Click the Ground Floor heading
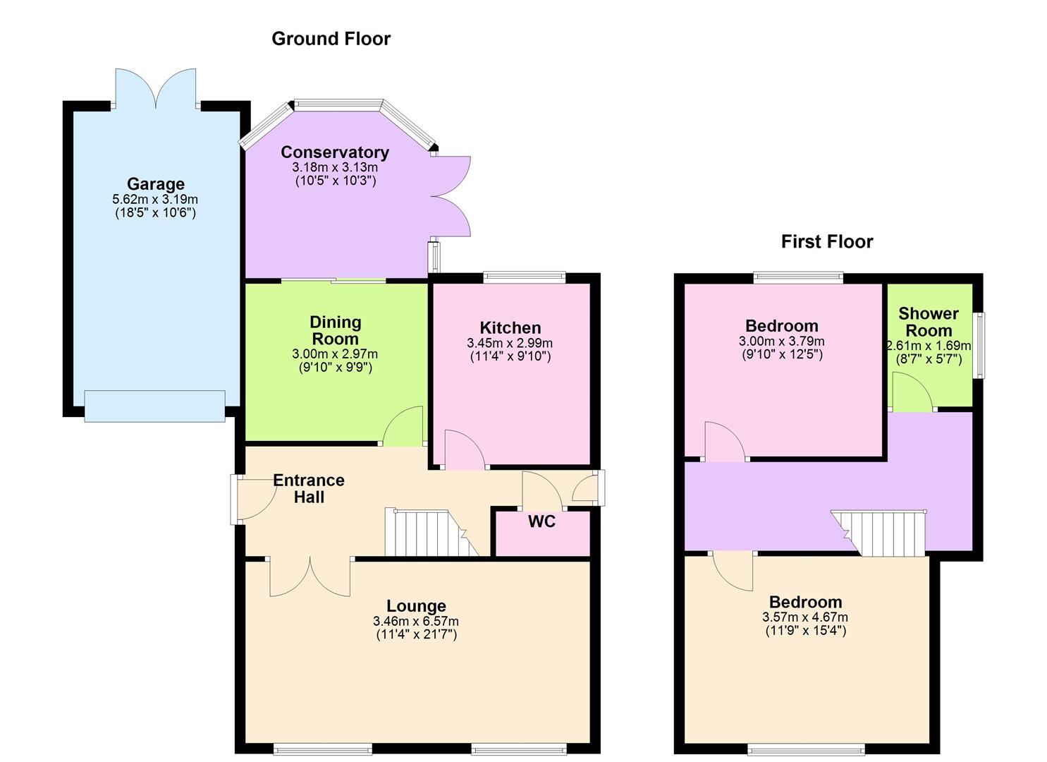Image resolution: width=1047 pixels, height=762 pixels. (331, 39)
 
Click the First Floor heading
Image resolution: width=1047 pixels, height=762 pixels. (826, 242)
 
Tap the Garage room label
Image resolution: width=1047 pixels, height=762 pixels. (155, 184)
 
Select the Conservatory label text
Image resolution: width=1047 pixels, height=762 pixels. (334, 152)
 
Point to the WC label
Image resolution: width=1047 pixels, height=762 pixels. (541, 522)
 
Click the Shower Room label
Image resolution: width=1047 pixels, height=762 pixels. (929, 322)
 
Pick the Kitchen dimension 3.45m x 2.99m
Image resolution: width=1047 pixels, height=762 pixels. (510, 344)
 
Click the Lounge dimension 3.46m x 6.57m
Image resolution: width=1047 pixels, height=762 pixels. (416, 622)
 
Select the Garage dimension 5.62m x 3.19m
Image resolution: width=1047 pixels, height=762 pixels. (155, 200)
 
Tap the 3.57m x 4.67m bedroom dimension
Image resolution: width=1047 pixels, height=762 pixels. (805, 617)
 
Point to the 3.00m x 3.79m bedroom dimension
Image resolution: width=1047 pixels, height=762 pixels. (781, 341)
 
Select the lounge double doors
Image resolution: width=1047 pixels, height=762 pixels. (310, 576)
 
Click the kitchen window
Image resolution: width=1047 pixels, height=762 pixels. (524, 277)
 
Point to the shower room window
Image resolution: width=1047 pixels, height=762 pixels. (979, 346)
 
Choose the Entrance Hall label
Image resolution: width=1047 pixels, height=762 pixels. (309, 488)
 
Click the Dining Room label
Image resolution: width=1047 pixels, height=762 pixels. (336, 330)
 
